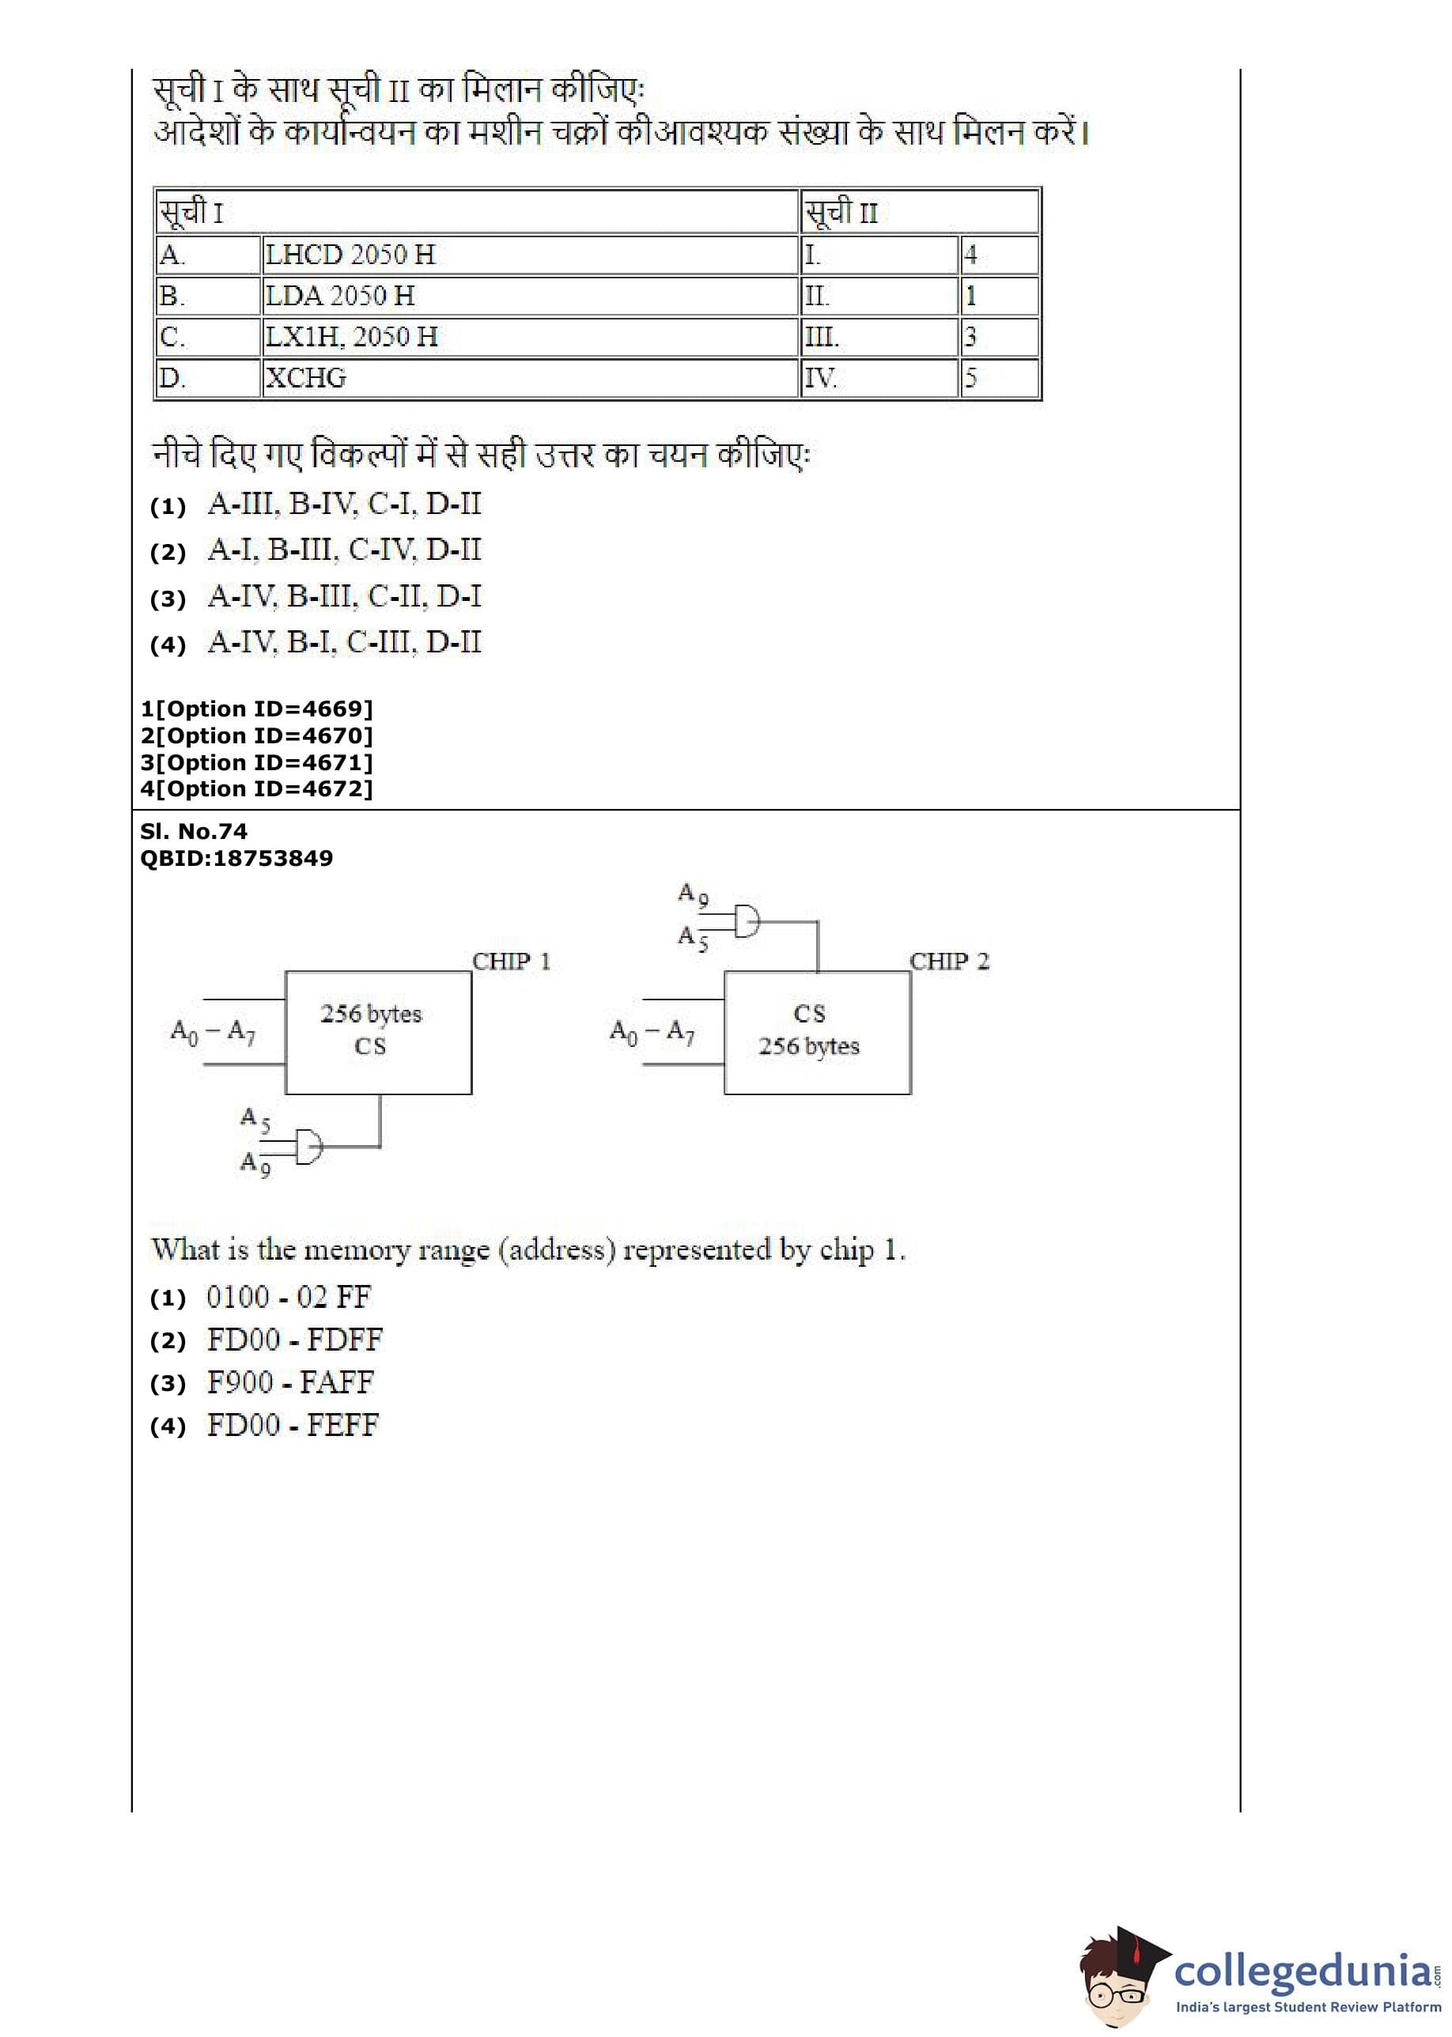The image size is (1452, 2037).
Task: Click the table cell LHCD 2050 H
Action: (x=529, y=255)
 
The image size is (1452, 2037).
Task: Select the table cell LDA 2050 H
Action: (x=529, y=296)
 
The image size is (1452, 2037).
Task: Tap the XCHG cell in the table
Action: (x=529, y=378)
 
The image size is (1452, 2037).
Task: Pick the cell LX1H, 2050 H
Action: (x=529, y=337)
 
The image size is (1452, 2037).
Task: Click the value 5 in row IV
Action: (x=999, y=378)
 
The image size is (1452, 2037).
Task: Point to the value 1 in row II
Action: (x=999, y=296)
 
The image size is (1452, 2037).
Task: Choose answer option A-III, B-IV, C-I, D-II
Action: (x=343, y=505)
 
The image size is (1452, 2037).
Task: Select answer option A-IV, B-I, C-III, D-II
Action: (x=343, y=643)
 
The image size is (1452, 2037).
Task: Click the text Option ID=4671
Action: (x=256, y=762)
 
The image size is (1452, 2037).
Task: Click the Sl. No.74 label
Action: (x=193, y=831)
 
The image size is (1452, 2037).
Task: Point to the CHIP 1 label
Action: (x=511, y=962)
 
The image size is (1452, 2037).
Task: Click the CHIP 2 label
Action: (x=949, y=962)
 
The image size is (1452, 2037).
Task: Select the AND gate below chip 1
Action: (x=308, y=1146)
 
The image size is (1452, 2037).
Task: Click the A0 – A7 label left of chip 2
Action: (x=652, y=1033)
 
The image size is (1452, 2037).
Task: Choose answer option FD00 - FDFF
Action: (x=294, y=1340)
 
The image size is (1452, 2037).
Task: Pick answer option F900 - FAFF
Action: (x=289, y=1383)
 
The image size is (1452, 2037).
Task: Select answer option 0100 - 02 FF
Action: (x=288, y=1297)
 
